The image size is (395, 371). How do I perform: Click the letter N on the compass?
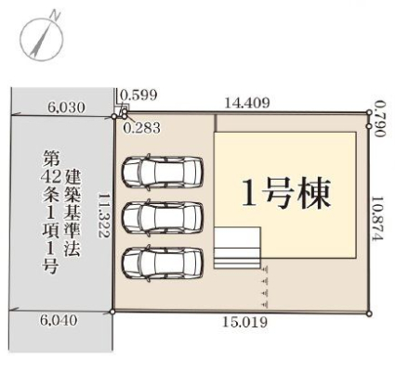click(x=55, y=15)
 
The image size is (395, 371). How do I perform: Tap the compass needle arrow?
click(x=42, y=39)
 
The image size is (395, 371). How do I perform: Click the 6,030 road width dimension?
click(x=66, y=109)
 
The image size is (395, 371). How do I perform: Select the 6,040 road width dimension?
click(x=59, y=320)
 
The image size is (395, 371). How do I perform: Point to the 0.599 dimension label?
click(x=138, y=96)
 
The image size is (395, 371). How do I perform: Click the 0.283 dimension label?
click(x=142, y=128)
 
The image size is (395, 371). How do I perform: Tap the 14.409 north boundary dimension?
click(x=247, y=102)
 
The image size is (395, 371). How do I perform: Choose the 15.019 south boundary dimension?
click(x=244, y=323)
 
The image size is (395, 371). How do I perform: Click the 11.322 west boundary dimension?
click(x=104, y=215)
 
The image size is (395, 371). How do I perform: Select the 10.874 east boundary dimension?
click(x=378, y=218)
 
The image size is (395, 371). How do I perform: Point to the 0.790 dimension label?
click(x=379, y=120)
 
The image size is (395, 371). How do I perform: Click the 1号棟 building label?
click(x=285, y=193)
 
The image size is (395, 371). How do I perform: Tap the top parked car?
click(x=163, y=172)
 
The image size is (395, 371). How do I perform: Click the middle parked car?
click(x=163, y=217)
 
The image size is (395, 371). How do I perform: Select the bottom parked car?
click(x=163, y=262)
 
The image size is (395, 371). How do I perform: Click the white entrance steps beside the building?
click(x=237, y=248)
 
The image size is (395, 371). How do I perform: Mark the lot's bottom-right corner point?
click(x=369, y=313)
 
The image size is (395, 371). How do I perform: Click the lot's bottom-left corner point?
click(x=112, y=312)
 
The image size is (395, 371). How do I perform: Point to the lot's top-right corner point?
click(x=369, y=112)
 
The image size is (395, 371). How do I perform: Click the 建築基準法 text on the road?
click(x=72, y=213)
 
